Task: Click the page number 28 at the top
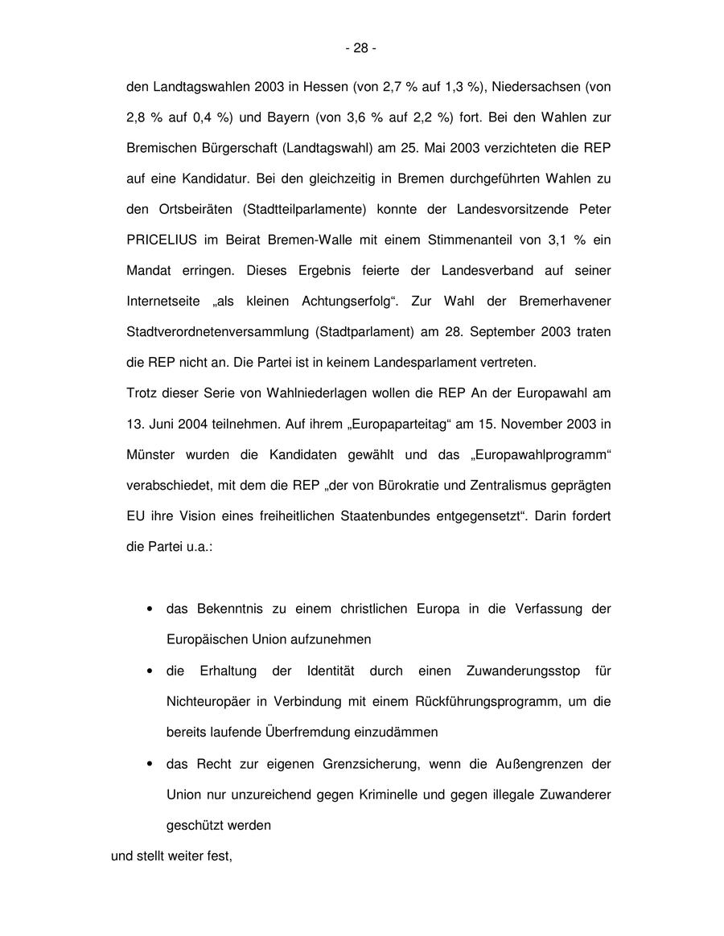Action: [360, 48]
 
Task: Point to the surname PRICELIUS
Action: [163, 240]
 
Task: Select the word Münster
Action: [150, 454]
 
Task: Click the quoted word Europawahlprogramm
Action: [541, 454]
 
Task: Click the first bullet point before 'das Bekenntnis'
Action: [150, 609]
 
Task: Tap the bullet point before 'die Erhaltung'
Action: [150, 671]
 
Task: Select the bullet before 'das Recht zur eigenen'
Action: [150, 763]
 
